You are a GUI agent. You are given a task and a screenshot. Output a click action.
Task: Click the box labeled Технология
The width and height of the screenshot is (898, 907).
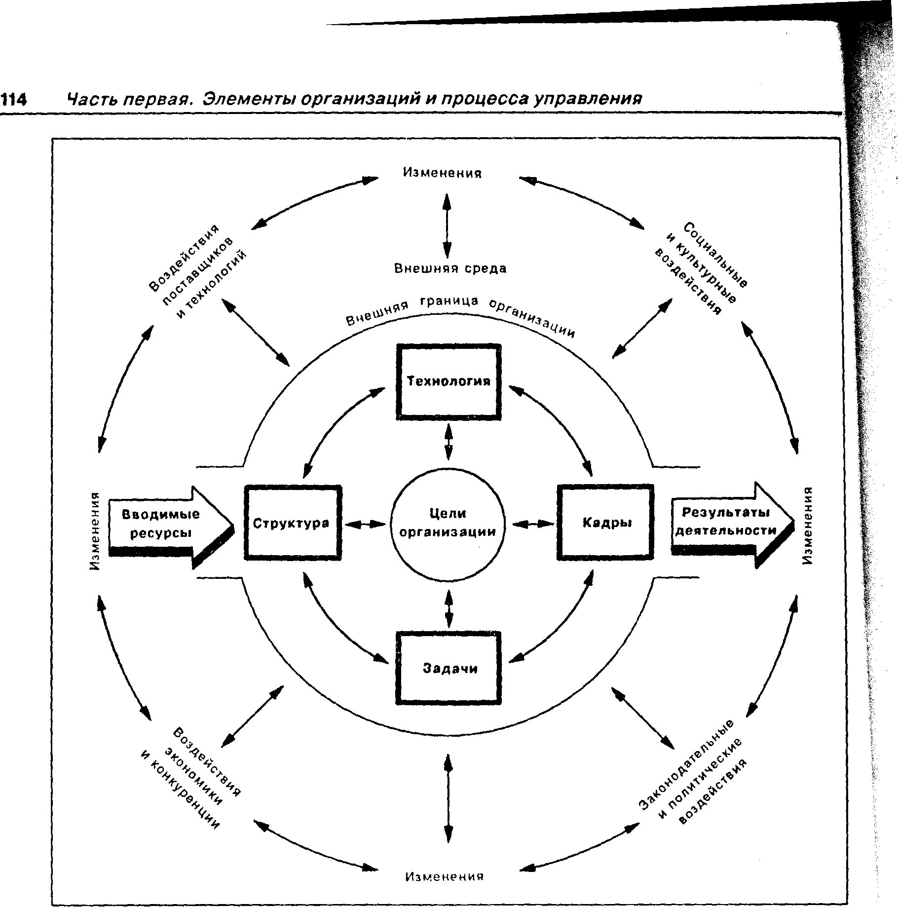[x=449, y=381]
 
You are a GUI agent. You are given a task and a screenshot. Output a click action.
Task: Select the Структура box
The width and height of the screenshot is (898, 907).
[x=293, y=523]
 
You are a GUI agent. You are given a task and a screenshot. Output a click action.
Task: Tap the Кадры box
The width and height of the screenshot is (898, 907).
[x=606, y=523]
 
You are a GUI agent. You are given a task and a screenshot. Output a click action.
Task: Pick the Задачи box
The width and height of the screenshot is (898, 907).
[x=449, y=669]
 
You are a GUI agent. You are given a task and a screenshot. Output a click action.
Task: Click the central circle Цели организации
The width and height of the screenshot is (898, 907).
[x=448, y=523]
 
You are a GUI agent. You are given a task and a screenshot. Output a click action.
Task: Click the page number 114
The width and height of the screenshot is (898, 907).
[x=13, y=100]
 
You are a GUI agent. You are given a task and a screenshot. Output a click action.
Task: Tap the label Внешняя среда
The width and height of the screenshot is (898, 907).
[x=450, y=268]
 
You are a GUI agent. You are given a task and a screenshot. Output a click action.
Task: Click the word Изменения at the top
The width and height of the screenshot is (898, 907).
[x=443, y=173]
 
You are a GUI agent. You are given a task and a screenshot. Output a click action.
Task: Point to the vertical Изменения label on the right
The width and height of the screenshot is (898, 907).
[x=807, y=525]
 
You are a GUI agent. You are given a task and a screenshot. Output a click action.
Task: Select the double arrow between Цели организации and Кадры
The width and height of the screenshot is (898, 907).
[x=533, y=524]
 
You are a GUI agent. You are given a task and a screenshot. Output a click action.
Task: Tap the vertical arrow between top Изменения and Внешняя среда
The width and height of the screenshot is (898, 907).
[x=447, y=225]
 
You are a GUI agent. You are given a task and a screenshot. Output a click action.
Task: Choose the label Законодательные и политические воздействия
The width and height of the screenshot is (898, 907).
[x=693, y=777]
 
